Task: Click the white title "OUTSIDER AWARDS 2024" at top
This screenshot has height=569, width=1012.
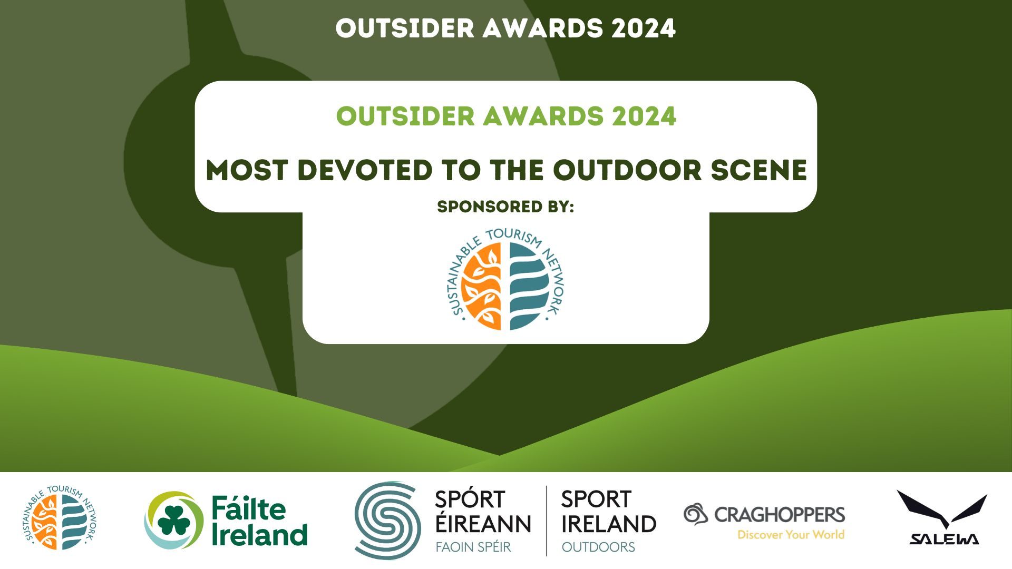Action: pos(505,28)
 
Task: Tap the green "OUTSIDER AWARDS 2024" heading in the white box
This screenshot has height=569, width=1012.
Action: pos(506,116)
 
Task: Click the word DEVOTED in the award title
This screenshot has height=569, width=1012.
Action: pos(365,170)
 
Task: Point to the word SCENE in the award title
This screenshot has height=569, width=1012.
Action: pos(759,170)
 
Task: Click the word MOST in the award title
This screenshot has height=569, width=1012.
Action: pos(247,170)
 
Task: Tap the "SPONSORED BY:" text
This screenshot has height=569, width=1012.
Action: pos(505,207)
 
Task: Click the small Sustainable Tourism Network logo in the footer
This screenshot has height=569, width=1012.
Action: pos(59,518)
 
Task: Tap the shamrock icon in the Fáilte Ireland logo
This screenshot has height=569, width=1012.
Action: pos(174,520)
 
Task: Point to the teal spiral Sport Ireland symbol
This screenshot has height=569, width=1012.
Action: pos(388,520)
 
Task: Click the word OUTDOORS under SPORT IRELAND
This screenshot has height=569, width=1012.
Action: pos(598,547)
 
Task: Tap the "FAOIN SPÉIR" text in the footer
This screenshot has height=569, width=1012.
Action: pos(473,547)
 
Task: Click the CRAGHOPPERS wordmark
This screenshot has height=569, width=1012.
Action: pos(780,514)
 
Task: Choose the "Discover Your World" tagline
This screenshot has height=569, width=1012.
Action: pos(791,535)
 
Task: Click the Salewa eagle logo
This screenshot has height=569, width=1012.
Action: pos(942,517)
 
